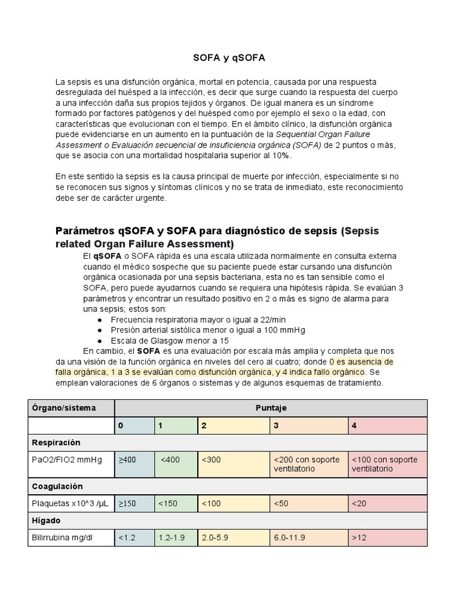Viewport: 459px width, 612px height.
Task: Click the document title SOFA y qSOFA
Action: coord(229,58)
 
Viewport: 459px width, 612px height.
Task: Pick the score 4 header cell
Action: coord(387,426)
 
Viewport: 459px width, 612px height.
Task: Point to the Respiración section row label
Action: coord(56,443)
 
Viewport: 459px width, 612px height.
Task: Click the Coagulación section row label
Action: coord(57,486)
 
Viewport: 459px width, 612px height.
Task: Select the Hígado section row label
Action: coord(46,521)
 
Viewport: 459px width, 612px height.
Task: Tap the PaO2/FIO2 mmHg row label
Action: coord(67,460)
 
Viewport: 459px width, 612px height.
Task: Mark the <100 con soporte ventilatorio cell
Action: coord(387,464)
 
